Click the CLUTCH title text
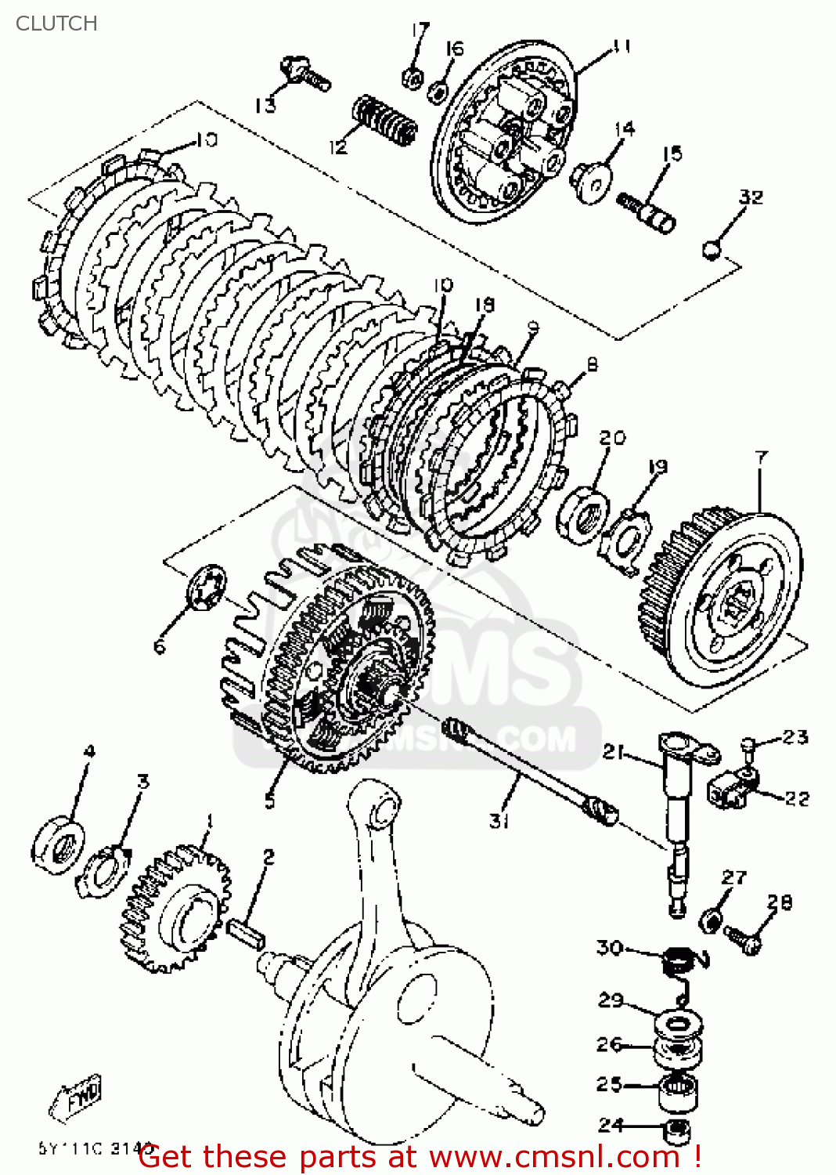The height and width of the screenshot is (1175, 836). (x=56, y=23)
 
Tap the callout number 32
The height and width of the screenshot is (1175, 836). (x=750, y=197)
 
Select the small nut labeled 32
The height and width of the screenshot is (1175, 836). (x=711, y=251)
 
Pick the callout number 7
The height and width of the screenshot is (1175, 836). (x=761, y=457)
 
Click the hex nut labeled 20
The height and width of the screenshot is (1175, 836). (x=584, y=513)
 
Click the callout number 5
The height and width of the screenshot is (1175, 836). (x=269, y=801)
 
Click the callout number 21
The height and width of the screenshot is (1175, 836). (x=613, y=752)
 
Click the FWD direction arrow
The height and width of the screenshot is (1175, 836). (x=77, y=1097)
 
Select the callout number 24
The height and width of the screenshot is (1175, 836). (x=611, y=1125)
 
